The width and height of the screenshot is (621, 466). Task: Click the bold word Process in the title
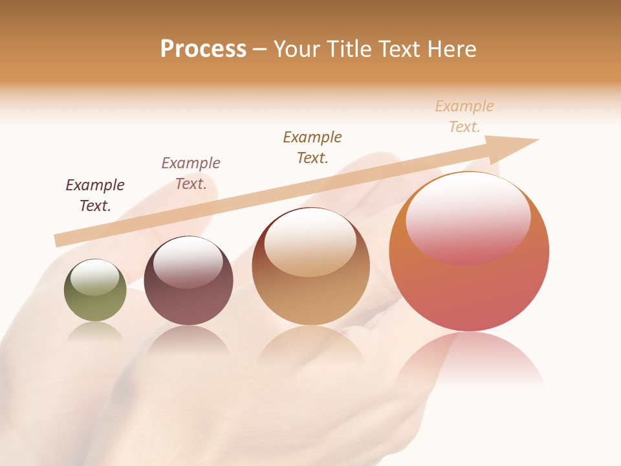tap(203, 49)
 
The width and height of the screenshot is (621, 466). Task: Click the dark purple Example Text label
tap(95, 195)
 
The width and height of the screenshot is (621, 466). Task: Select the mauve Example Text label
tap(191, 173)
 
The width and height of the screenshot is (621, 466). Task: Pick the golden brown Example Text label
tap(312, 148)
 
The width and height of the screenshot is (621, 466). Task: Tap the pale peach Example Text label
tap(464, 116)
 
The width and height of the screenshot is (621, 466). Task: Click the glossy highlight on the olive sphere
tap(95, 277)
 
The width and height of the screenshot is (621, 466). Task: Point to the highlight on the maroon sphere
tap(188, 262)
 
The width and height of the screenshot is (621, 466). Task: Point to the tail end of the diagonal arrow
tap(58, 240)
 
